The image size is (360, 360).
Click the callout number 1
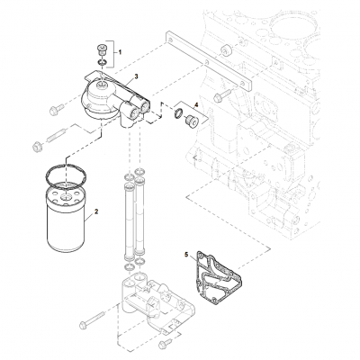coord(122,56)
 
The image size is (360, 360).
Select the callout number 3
coord(135,79)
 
